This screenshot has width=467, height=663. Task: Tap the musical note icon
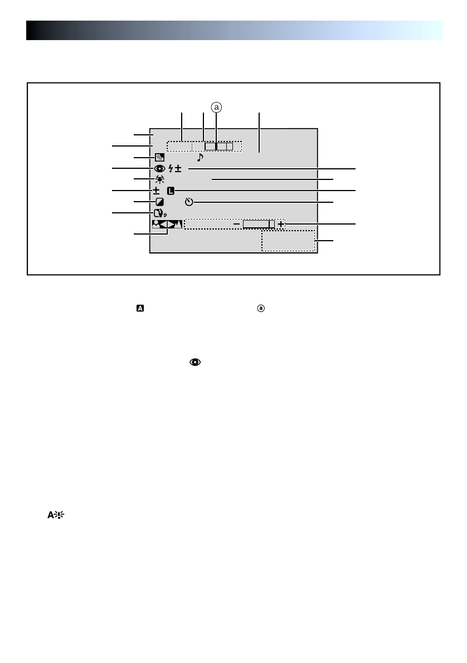(200, 158)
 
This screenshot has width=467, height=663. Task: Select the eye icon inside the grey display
(159, 169)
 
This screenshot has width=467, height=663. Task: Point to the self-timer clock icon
(189, 201)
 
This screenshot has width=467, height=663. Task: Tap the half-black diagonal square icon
(159, 202)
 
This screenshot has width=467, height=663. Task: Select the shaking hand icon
(159, 212)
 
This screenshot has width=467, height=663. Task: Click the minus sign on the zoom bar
(236, 224)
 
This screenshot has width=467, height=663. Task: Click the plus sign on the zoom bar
(280, 224)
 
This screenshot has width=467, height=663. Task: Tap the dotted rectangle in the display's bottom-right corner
(288, 241)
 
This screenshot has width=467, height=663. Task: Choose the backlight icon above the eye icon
(159, 157)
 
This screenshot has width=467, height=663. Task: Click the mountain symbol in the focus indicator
(177, 224)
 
